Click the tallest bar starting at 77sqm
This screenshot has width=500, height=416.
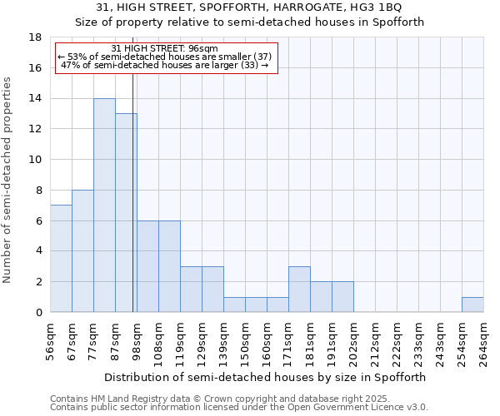coord(104,206)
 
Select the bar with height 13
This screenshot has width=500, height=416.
coord(126,213)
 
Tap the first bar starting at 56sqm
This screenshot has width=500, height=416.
coord(61,259)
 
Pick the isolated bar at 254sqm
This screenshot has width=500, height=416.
coord(472,305)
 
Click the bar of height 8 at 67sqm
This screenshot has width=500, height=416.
coord(82,251)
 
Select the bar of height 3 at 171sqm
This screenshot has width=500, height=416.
coord(299,290)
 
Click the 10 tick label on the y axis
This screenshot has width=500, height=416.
coord(36,160)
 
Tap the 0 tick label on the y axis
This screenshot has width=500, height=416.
coord(38,313)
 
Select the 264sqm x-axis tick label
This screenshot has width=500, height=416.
coord(483,340)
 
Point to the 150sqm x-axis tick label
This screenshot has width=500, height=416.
coord(245,340)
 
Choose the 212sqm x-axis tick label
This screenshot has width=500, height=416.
coord(375,340)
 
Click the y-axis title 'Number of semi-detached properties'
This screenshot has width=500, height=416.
coord(8,180)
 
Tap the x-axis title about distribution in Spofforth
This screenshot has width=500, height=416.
coord(267,377)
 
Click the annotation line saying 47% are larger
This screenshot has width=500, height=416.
coord(165,65)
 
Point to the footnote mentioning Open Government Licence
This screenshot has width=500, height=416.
coord(239,408)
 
